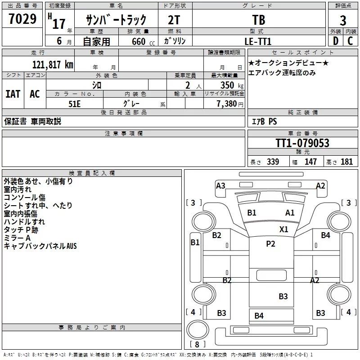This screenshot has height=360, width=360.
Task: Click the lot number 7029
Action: coord(22,20)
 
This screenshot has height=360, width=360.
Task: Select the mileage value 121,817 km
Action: coord(52,64)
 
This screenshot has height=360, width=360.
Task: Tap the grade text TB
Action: coord(259,20)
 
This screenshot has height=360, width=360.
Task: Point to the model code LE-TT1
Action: coord(259,41)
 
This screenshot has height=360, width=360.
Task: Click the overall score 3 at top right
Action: coord(343,21)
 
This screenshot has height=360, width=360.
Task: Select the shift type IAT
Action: coord(13,94)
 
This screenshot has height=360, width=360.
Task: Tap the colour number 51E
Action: coord(75,103)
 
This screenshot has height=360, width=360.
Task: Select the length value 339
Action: coord(273,162)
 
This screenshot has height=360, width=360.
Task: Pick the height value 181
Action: coord(347,162)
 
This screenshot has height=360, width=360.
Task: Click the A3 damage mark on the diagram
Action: coord(220,185)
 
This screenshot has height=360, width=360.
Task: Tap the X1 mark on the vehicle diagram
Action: coord(283,229)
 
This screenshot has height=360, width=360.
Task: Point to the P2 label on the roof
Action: coord(270,244)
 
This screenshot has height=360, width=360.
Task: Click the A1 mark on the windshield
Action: coord(290,213)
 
